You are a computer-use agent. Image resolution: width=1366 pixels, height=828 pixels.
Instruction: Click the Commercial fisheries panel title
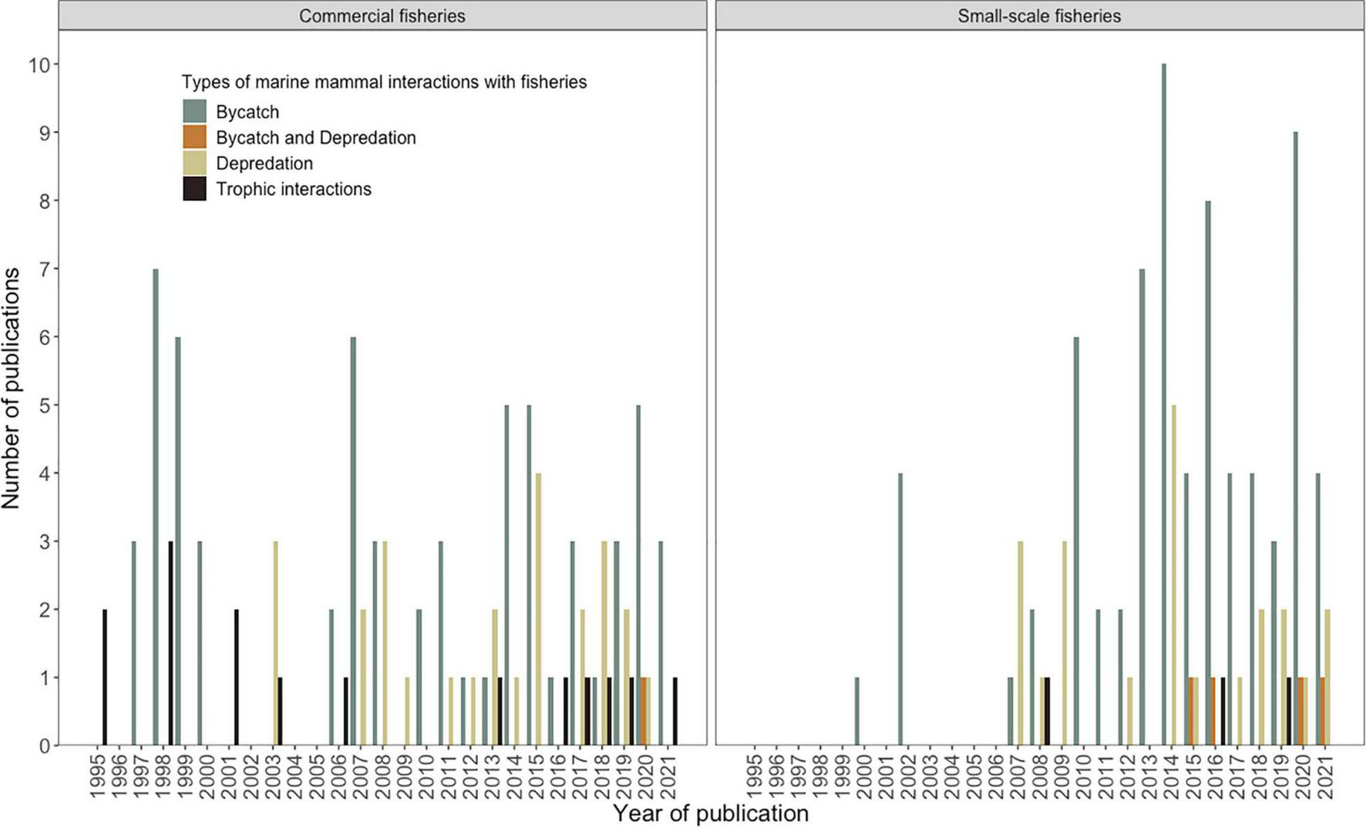(382, 16)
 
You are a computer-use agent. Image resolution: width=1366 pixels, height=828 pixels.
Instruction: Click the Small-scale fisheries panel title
(1038, 16)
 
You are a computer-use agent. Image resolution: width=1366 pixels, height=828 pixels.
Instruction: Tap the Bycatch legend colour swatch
(194, 112)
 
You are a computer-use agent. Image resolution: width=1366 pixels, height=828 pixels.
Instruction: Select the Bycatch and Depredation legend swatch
(194, 137)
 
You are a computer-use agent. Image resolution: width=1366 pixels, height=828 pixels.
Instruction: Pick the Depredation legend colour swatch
(194, 163)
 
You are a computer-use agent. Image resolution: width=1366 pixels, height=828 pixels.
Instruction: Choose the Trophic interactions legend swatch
(194, 189)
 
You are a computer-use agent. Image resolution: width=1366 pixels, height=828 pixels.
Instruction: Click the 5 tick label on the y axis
(43, 406)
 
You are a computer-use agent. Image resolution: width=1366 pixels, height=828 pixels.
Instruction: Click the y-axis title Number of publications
(11, 389)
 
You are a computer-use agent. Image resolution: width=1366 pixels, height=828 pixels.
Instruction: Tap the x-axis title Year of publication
(710, 813)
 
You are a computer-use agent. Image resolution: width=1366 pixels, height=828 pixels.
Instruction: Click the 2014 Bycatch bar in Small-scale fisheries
(1163, 404)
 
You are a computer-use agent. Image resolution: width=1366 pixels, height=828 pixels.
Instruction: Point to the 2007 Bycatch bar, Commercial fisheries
(353, 540)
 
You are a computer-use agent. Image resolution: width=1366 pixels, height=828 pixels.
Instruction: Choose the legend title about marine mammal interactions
(384, 82)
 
